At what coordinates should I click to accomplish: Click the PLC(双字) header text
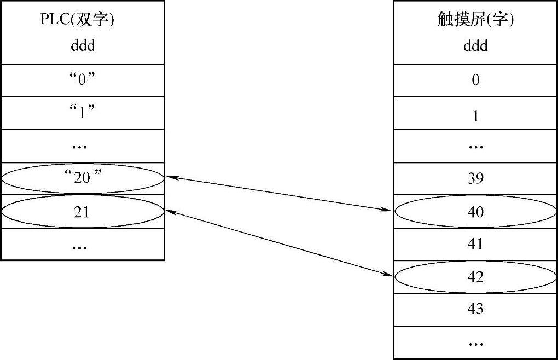[81, 20]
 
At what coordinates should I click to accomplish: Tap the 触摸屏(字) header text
[475, 20]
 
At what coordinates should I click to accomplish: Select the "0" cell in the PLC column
[82, 80]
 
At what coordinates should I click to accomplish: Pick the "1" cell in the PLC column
[82, 113]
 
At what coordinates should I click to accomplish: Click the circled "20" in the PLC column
[82, 178]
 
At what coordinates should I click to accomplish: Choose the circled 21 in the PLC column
[82, 211]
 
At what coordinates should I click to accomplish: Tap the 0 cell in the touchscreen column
[475, 80]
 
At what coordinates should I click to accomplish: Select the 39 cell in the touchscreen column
[475, 178]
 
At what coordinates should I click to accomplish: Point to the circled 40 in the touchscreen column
[475, 211]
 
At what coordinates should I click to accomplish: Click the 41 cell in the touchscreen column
[475, 243]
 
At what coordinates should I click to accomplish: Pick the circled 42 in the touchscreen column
[475, 277]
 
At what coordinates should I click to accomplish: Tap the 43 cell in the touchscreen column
[475, 309]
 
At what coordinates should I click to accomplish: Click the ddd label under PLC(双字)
[83, 45]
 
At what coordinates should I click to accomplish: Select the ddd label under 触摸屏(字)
[475, 45]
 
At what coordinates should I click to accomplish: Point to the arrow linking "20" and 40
[279, 193]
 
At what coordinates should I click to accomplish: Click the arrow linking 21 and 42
[279, 243]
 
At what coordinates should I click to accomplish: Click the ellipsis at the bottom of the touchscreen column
[475, 344]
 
